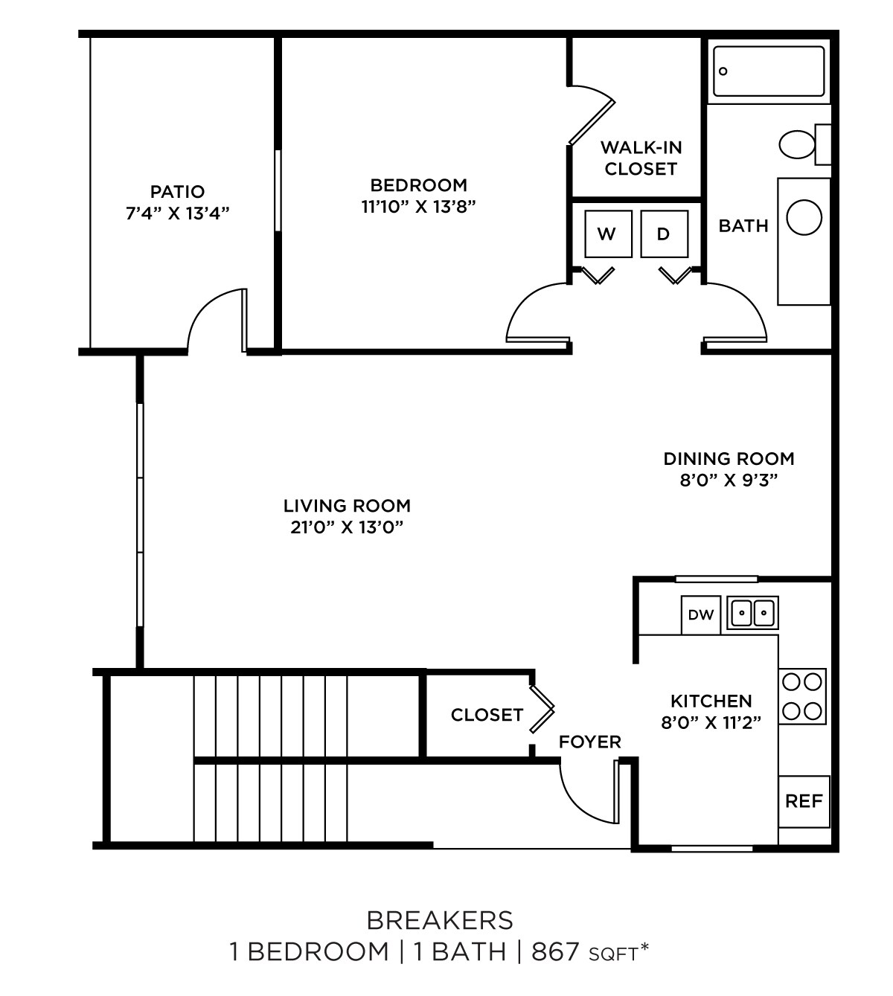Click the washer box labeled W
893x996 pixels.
[607, 234]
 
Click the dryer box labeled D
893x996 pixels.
[664, 234]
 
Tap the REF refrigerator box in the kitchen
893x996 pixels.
[804, 801]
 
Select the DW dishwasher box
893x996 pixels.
[701, 615]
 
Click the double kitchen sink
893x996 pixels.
[753, 614]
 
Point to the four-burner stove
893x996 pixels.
[803, 696]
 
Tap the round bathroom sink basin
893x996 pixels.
[804, 218]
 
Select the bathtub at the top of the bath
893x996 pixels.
[769, 71]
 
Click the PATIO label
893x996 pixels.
[177, 192]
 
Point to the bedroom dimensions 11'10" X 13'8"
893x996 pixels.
[418, 207]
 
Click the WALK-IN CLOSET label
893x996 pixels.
[641, 158]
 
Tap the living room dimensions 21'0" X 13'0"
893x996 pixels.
[347, 527]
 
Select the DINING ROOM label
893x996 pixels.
[729, 458]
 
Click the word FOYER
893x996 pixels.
[589, 742]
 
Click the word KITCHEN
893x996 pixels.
[711, 701]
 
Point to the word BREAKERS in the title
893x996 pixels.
[440, 920]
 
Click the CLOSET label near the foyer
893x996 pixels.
[487, 715]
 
